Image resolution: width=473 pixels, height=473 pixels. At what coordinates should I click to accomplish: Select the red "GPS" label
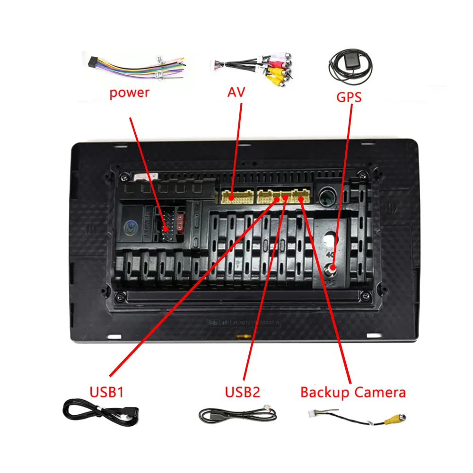[x=349, y=97]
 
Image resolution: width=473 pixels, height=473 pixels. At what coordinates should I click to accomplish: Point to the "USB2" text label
[x=243, y=392]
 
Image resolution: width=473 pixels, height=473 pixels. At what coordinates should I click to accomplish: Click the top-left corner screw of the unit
[x=123, y=177]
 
